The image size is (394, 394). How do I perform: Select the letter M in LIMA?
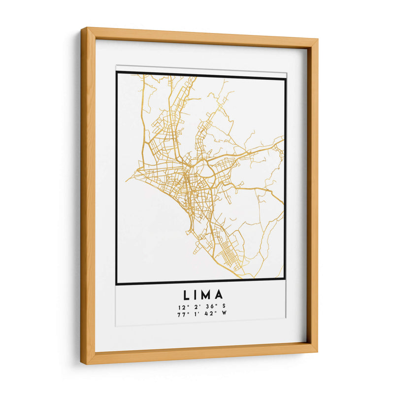pyautogui.click(x=207, y=295)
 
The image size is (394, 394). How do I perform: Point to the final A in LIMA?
pyautogui.click(x=219, y=295)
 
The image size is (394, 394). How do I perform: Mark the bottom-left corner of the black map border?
pyautogui.click(x=117, y=284)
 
